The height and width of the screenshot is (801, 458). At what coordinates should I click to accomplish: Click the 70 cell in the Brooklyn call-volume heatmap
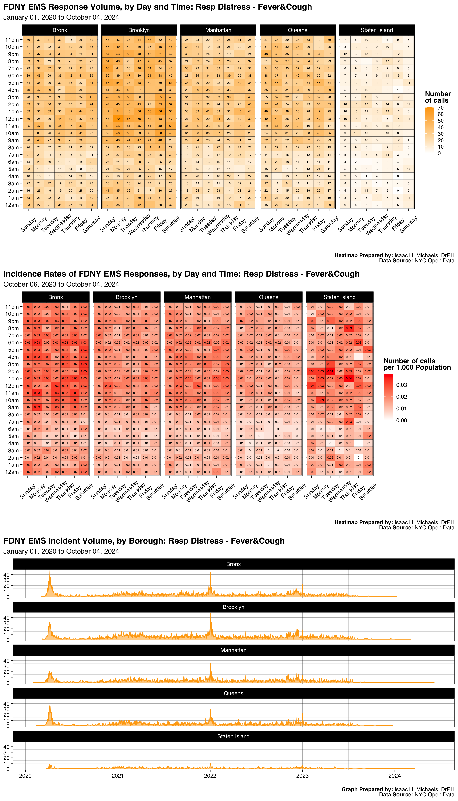(118, 119)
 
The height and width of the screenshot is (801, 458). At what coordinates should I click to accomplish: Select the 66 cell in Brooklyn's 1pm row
(160, 112)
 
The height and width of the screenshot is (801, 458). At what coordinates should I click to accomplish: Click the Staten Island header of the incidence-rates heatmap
(339, 297)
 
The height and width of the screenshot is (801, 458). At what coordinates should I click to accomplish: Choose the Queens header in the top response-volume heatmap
(297, 30)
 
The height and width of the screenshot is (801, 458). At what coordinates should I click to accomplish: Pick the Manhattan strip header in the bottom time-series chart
(233, 650)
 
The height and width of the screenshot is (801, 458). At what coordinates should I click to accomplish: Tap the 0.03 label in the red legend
(401, 385)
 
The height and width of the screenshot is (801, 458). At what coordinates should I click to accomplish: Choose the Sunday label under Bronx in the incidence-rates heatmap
(28, 491)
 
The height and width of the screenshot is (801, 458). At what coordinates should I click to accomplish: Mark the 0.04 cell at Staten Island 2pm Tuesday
(330, 371)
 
